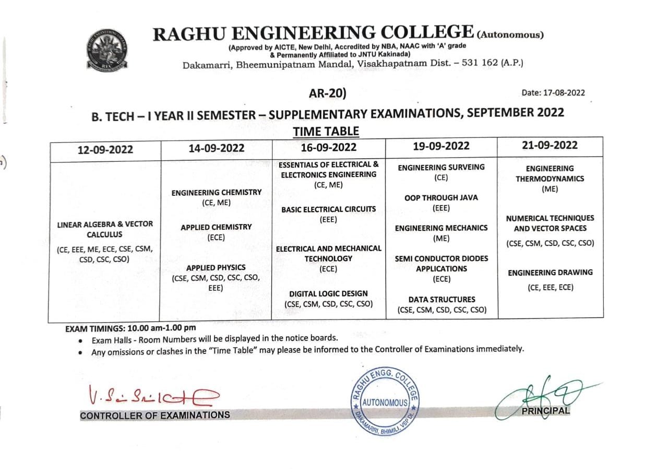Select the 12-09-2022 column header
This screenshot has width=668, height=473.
coord(105,150)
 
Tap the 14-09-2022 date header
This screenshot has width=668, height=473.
coord(217,148)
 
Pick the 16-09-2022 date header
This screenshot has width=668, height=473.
coord(329,147)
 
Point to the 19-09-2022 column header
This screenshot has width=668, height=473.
coord(441,146)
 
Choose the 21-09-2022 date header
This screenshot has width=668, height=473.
coord(550,145)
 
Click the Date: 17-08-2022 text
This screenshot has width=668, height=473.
coord(553,93)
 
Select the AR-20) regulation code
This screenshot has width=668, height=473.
coord(328,93)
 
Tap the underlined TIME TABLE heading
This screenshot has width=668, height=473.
coord(326,131)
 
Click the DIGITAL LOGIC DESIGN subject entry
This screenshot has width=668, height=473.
coord(328,293)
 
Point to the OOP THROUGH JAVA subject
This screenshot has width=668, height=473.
coord(441,198)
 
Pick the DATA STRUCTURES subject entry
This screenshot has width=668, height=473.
coord(442,300)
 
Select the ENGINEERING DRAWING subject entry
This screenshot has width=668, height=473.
coord(550,273)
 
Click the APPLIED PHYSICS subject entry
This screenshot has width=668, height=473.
coord(216,268)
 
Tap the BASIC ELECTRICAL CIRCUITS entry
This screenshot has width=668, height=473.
coord(328,209)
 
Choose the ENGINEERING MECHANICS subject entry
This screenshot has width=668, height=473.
coord(441,228)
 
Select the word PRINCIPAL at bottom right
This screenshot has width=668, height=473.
coord(546,411)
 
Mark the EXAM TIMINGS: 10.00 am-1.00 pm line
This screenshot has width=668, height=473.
coord(130,328)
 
